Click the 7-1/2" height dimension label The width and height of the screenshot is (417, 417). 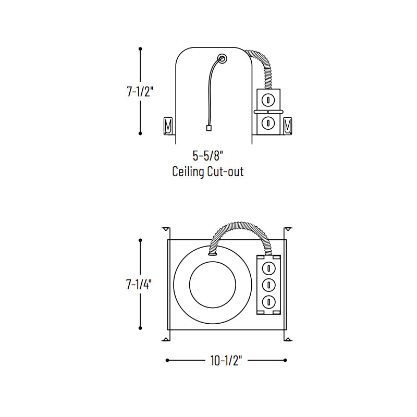[x=140, y=92]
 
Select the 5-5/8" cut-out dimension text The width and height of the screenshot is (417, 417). [x=207, y=155]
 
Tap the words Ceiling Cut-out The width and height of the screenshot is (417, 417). [x=207, y=171]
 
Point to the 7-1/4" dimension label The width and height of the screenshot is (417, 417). [x=139, y=284]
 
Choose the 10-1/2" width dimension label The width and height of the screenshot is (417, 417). [x=226, y=361]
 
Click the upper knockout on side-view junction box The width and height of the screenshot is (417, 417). [x=268, y=101]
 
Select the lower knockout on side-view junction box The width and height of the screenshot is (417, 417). [x=268, y=123]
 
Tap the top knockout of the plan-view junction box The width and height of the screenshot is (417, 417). [x=268, y=268]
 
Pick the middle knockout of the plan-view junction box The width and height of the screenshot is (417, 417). [x=268, y=285]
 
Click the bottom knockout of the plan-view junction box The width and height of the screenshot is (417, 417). [x=268, y=302]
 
